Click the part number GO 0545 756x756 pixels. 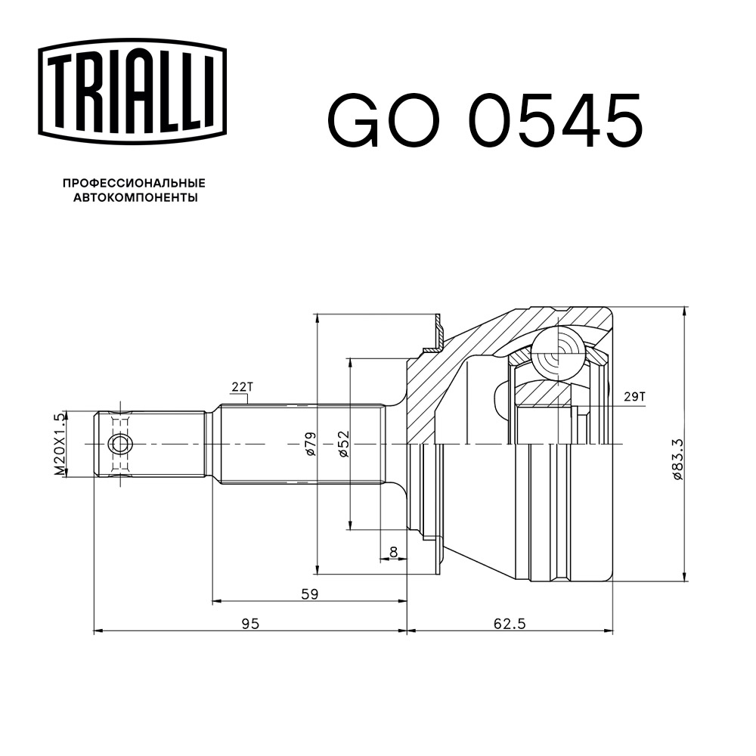pos(484,121)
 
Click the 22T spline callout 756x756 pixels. pos(241,387)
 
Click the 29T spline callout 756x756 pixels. pos(635,395)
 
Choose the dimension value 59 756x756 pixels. pos(308,593)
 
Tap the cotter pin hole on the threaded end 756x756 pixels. pos(119,445)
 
